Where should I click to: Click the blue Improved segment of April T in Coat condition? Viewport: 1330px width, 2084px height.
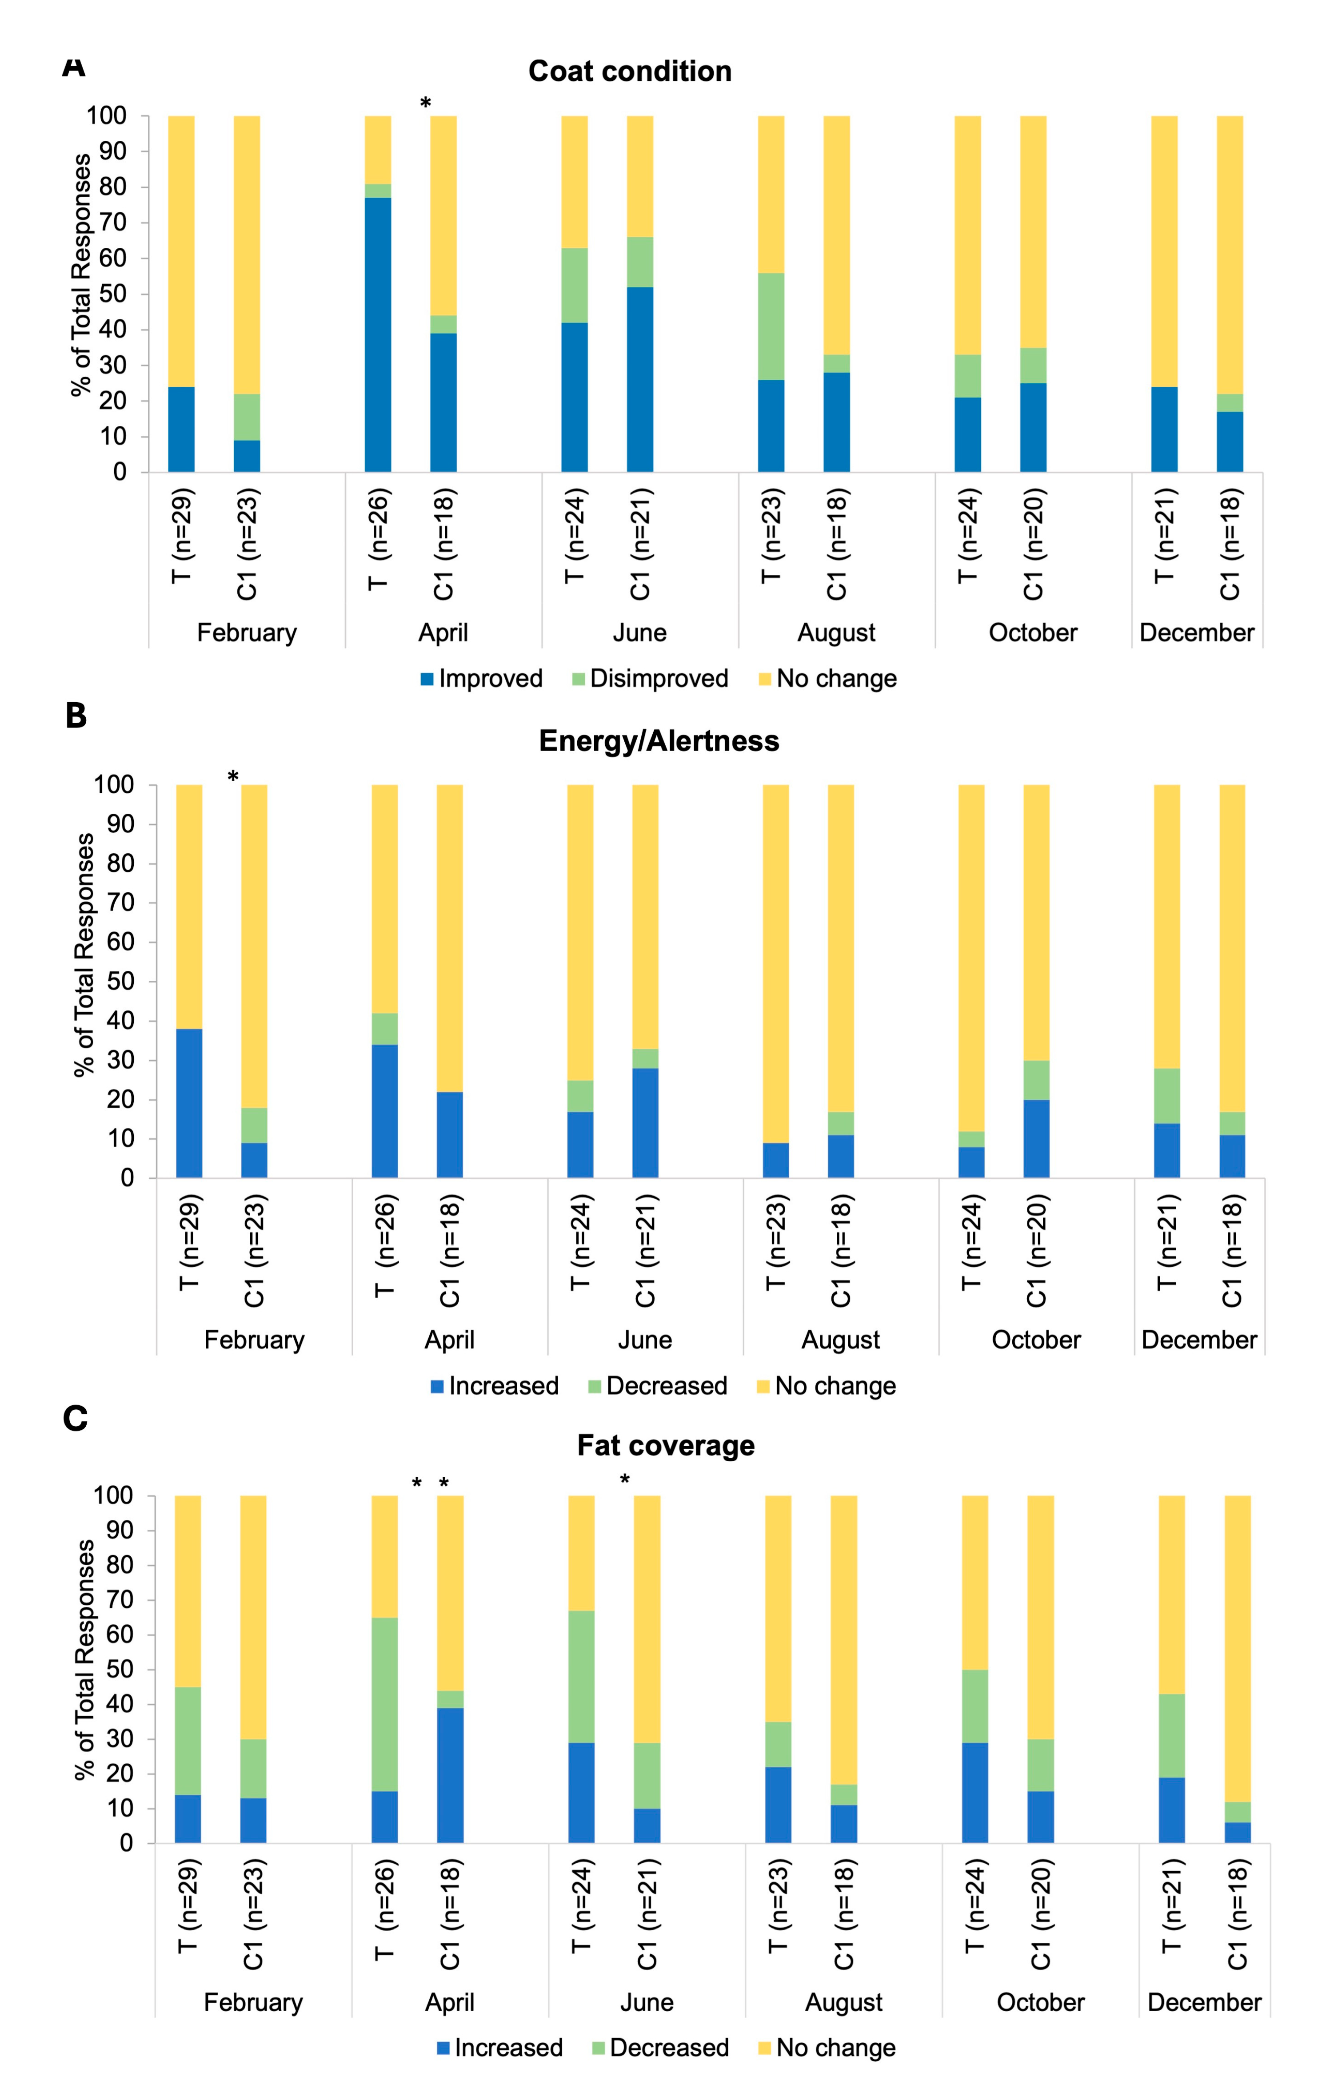378,335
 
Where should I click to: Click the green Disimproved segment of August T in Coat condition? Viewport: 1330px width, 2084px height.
771,326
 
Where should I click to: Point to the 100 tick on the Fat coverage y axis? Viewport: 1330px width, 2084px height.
113,1495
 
